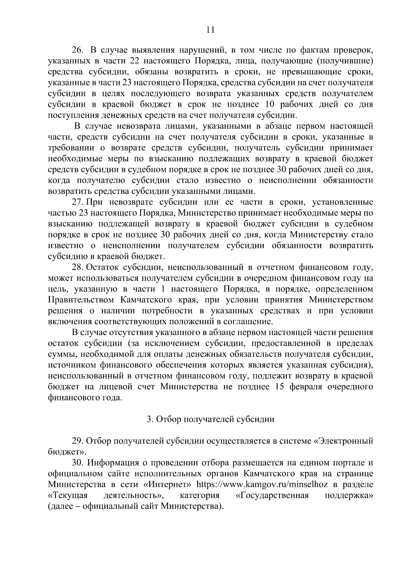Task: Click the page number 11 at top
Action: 210,30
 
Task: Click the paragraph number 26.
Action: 77,51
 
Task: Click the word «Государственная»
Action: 272,495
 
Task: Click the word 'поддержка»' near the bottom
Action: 349,495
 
